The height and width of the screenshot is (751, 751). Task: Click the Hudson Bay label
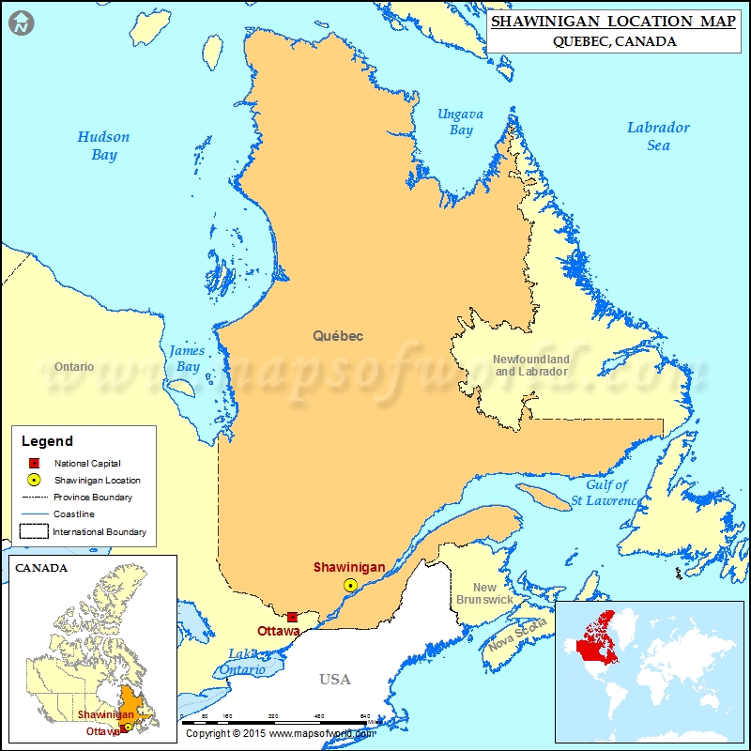coord(103,146)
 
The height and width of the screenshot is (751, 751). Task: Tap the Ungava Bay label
coord(460,122)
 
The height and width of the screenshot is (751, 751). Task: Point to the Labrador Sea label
coord(658,136)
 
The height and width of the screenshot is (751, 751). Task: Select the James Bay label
coord(187,359)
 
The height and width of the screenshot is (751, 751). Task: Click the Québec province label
coord(338,335)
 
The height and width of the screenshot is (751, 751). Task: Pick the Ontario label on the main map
coord(74,366)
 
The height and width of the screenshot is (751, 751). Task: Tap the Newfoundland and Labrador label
coord(531,365)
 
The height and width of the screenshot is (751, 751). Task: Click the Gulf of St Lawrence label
coord(605,493)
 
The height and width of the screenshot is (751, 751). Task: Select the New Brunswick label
coord(484,593)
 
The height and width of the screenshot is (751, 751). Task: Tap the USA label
coord(334,680)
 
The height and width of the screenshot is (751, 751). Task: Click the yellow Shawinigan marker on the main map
coord(350,585)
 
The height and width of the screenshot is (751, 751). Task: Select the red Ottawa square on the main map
coord(293,617)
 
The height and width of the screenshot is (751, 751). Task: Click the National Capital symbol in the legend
coord(33,463)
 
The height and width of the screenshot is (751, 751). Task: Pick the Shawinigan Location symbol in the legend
coord(33,480)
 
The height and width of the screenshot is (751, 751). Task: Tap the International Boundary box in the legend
coord(34,531)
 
